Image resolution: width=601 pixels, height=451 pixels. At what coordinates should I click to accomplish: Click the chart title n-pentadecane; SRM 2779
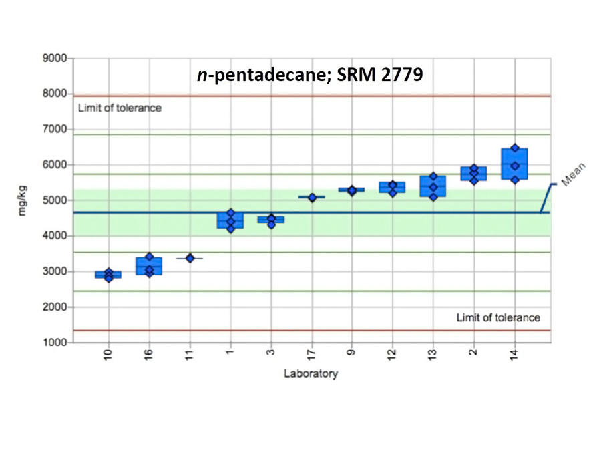click(x=309, y=76)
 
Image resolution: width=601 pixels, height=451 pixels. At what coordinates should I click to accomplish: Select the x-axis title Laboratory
click(x=311, y=373)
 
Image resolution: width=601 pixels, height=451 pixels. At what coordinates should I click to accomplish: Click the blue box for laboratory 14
click(x=514, y=164)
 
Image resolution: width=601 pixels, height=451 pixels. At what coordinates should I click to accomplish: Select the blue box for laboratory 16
click(x=149, y=266)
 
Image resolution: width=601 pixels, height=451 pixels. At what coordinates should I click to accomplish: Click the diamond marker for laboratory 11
click(x=190, y=258)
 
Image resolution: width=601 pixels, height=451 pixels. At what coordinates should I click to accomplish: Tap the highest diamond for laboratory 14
click(x=514, y=148)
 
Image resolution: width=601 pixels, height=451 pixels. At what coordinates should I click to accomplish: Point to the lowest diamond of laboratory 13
click(x=433, y=197)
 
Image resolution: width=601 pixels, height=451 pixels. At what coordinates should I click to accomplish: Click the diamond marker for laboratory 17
click(x=312, y=198)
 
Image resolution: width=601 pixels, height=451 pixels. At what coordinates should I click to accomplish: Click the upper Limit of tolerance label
click(x=120, y=108)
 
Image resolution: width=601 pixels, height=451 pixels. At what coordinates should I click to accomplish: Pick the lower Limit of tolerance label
click(x=498, y=317)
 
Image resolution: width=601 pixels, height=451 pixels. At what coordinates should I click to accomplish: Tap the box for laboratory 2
click(x=473, y=174)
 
